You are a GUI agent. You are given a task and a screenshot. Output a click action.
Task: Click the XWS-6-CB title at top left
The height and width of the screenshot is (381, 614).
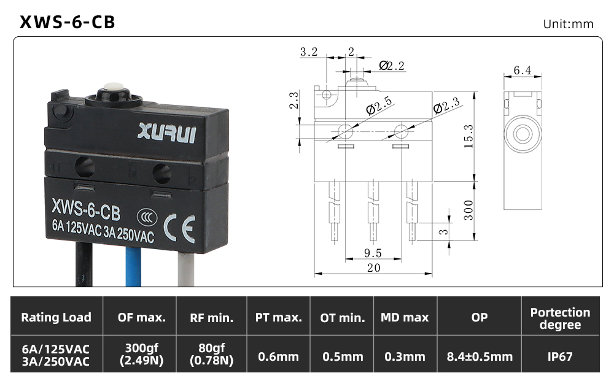click(68, 22)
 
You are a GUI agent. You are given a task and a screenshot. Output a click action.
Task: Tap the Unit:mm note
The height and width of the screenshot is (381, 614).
click(568, 25)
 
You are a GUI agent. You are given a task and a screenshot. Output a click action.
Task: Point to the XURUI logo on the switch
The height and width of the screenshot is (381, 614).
click(166, 133)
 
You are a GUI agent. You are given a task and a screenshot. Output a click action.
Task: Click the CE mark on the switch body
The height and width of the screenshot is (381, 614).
click(179, 229)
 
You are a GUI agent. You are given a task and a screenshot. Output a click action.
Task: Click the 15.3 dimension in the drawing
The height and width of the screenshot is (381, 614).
click(468, 136)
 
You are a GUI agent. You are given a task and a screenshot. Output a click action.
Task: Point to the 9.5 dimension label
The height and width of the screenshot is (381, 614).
click(373, 253)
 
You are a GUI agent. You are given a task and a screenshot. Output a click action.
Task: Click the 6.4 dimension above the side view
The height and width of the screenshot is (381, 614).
click(523, 70)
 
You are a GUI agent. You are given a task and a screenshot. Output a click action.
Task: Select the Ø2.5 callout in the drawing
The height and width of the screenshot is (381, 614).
click(379, 106)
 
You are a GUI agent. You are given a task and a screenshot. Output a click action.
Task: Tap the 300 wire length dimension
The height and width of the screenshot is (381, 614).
click(468, 210)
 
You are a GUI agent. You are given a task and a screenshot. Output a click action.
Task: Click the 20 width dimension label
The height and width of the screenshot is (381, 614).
click(373, 268)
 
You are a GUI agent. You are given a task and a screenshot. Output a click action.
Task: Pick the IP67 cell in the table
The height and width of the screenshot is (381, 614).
click(560, 356)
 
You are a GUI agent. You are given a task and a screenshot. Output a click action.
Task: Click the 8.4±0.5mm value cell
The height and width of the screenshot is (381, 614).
click(480, 356)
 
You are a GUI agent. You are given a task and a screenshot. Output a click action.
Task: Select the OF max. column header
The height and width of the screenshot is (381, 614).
click(141, 317)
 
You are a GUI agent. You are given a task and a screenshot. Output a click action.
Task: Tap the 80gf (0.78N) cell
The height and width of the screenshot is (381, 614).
click(211, 354)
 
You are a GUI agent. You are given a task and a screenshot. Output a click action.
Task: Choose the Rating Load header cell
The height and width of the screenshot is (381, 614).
click(56, 317)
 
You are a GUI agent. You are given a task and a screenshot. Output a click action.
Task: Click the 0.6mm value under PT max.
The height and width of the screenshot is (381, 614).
click(278, 356)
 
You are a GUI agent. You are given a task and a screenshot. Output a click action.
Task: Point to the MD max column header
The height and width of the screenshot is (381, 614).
click(405, 317)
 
